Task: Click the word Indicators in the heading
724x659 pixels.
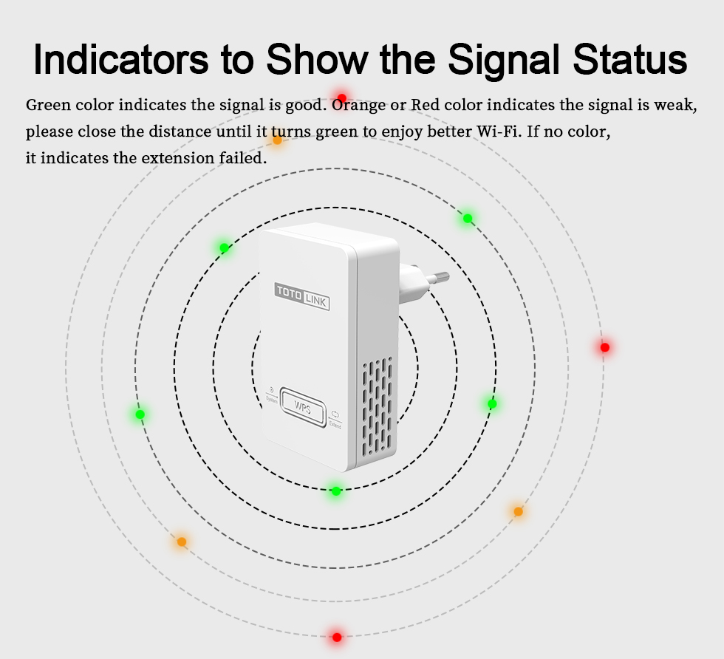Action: pyautogui.click(x=121, y=58)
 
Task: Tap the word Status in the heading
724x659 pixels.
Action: pyautogui.click(x=629, y=58)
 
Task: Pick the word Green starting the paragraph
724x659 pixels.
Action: pyautogui.click(x=47, y=105)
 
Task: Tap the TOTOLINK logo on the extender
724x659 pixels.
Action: pyautogui.click(x=302, y=296)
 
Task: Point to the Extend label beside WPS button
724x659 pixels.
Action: pyautogui.click(x=335, y=420)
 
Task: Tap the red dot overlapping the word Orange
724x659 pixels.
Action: pyautogui.click(x=341, y=98)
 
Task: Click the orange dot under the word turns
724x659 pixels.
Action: pyautogui.click(x=277, y=140)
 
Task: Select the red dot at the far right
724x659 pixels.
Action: pyautogui.click(x=605, y=347)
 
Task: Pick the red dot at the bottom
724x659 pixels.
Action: pyautogui.click(x=337, y=638)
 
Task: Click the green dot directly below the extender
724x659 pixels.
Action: pyautogui.click(x=336, y=491)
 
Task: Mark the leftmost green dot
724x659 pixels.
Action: pyautogui.click(x=140, y=414)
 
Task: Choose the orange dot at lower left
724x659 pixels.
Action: pyautogui.click(x=182, y=542)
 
